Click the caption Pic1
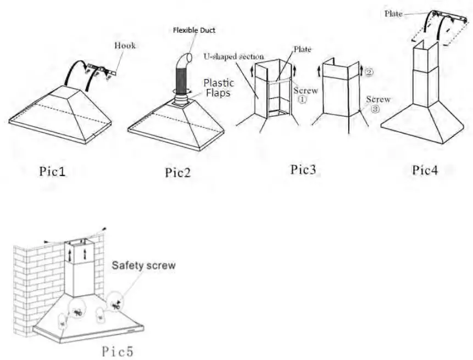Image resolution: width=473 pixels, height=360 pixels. pyautogui.click(x=52, y=172)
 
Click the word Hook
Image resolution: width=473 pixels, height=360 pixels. pyautogui.click(x=125, y=46)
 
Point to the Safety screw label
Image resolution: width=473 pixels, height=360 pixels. pyautogui.click(x=144, y=266)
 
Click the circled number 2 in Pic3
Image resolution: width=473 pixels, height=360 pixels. pyautogui.click(x=369, y=71)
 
